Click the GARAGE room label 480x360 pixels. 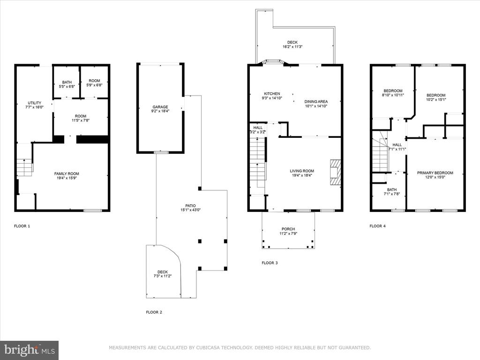click(x=160, y=107)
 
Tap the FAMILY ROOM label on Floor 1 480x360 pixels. click(x=67, y=173)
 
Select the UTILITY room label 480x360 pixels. click(x=35, y=103)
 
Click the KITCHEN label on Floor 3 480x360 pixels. click(x=272, y=94)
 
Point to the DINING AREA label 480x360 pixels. click(x=316, y=102)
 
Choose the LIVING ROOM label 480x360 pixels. click(x=302, y=171)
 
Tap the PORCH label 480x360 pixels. click(x=288, y=229)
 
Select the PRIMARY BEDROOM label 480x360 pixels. click(x=435, y=173)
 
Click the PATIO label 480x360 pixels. click(x=190, y=206)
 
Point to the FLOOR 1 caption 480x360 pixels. click(x=22, y=226)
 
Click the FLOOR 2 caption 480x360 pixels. click(x=154, y=312)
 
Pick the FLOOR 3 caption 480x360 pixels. click(x=270, y=262)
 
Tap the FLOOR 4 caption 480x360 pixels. click(x=377, y=226)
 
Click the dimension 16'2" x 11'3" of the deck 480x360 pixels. click(x=292, y=47)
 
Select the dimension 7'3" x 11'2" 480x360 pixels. click(x=163, y=276)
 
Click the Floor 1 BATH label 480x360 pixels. click(x=67, y=82)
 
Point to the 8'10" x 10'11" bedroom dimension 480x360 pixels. click(x=393, y=95)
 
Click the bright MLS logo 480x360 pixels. click(x=30, y=350)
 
